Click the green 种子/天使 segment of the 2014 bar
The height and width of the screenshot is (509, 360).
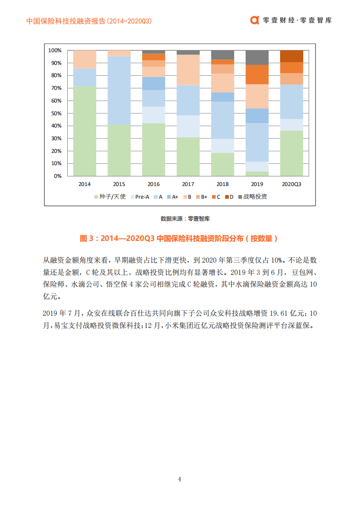click(84, 131)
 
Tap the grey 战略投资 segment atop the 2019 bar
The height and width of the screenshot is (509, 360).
click(257, 57)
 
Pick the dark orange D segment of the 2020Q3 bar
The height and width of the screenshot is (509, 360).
click(291, 56)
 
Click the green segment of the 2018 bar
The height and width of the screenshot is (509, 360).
click(222, 164)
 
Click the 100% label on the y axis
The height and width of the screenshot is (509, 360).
click(54, 50)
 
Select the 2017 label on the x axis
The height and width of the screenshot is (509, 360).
click(188, 184)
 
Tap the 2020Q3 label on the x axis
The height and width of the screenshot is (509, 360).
click(291, 184)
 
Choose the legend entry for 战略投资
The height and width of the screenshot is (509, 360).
click(252, 196)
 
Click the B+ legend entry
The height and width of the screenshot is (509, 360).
click(201, 196)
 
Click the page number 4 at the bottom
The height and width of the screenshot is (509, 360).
click(180, 479)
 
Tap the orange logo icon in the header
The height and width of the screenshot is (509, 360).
click(255, 20)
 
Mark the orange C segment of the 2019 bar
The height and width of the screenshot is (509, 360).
click(257, 74)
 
